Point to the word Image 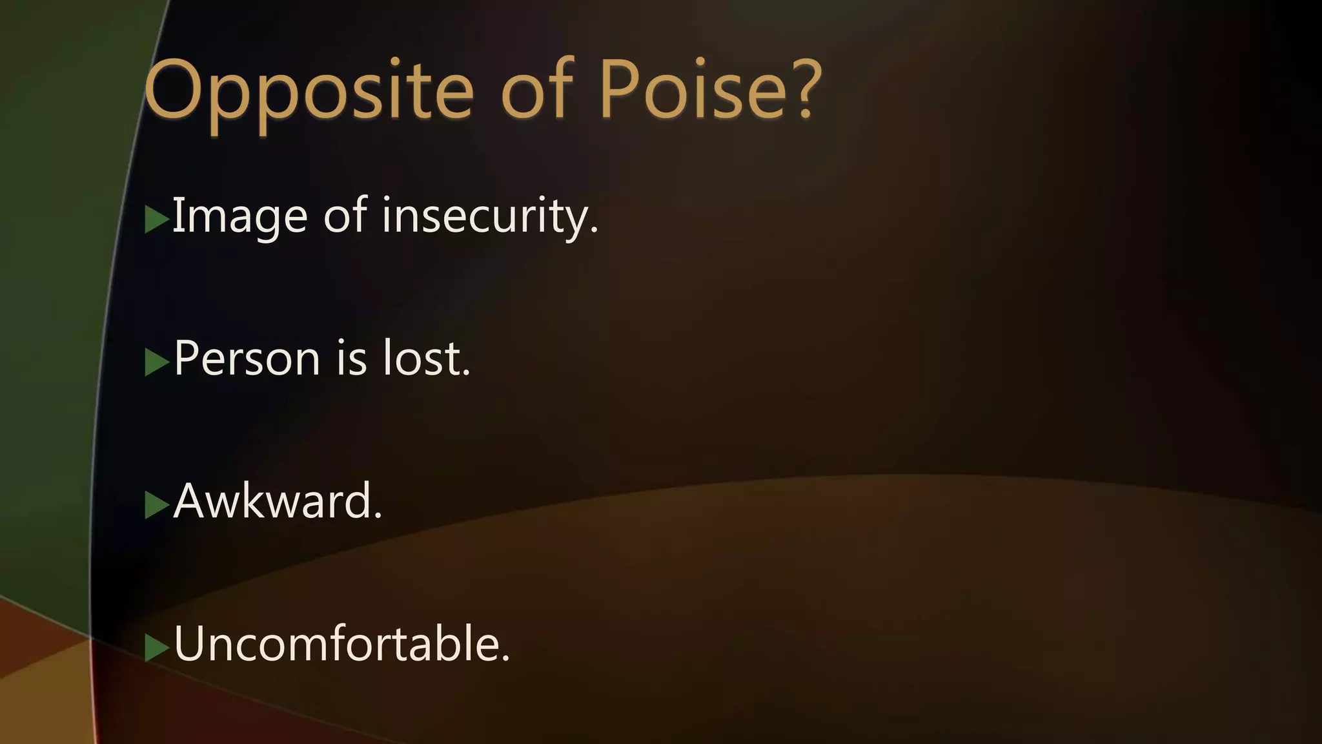click(239, 216)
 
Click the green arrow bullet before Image click(156, 220)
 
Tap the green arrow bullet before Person click(156, 362)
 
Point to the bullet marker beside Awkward click(156, 505)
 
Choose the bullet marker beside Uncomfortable click(156, 648)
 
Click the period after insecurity click(594, 231)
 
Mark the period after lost click(467, 373)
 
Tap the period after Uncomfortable click(505, 659)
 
